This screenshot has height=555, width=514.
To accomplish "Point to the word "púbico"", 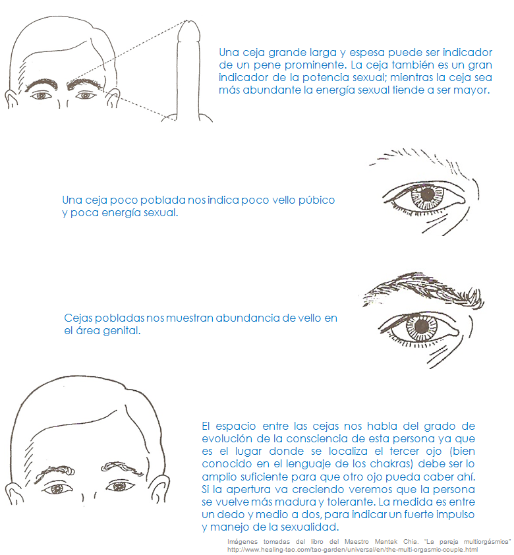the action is point(316,200).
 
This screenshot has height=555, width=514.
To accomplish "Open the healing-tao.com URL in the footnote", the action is point(353,550).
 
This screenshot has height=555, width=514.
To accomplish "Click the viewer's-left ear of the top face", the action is point(11,98).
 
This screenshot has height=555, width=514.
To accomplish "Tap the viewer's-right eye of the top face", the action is point(85,96).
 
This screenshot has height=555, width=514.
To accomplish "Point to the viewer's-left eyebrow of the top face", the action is point(42,85).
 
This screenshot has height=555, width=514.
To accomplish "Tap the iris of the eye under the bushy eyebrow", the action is point(421,326).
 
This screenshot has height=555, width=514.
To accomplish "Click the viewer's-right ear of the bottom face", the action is point(157,488).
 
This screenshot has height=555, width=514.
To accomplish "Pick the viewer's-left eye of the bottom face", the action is point(57,489).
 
